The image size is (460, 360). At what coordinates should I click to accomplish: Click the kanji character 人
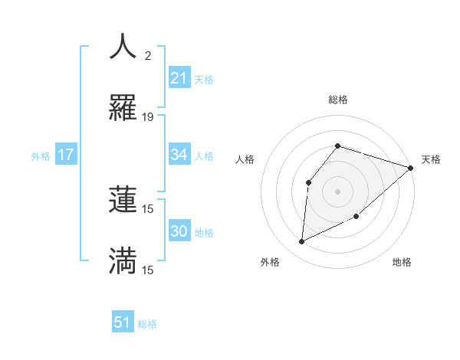(x=123, y=47)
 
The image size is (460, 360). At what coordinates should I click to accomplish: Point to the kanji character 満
(x=123, y=261)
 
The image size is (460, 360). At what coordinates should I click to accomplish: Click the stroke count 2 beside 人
(x=148, y=56)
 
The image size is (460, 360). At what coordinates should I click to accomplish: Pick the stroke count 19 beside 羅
(x=148, y=117)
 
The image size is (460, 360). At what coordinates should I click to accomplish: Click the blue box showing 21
(x=179, y=78)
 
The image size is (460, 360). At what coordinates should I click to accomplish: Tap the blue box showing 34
(x=179, y=155)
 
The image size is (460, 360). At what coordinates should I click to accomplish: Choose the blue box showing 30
(x=179, y=231)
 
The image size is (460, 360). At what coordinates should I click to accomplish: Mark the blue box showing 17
(x=66, y=155)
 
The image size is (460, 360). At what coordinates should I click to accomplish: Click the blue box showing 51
(x=123, y=322)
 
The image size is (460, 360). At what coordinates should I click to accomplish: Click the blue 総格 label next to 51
(x=147, y=324)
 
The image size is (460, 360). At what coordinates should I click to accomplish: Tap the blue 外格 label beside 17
(x=41, y=156)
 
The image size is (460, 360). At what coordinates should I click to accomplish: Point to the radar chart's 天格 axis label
(x=431, y=159)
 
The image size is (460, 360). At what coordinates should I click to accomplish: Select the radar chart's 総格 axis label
(x=337, y=100)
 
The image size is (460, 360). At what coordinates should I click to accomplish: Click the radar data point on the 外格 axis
(x=302, y=242)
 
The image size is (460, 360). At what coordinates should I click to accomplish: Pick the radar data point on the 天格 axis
(x=411, y=168)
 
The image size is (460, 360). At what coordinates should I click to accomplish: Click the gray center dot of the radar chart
(x=337, y=191)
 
